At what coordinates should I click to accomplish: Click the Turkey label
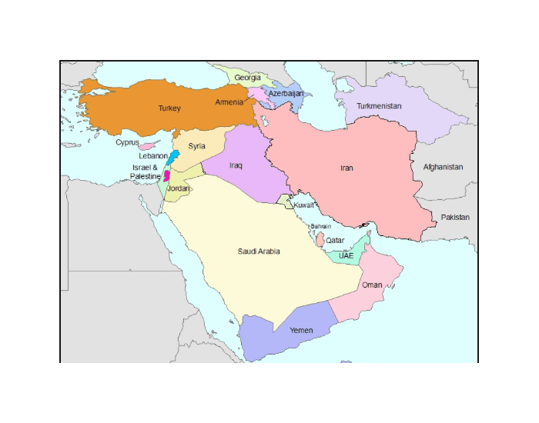169,108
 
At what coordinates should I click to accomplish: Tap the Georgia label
247,78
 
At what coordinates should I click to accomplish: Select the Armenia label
229,102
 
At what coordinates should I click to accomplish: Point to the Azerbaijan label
286,93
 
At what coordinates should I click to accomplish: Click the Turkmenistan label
379,106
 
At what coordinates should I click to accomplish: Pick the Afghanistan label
444,167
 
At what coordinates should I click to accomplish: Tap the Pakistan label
455,218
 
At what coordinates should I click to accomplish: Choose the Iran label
346,168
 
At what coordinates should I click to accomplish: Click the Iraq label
236,165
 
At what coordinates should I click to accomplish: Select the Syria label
197,145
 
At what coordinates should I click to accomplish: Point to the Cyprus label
127,142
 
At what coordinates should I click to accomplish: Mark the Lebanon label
153,155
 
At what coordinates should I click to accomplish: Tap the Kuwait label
304,205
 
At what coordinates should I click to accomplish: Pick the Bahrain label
321,226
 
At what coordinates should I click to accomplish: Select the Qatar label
335,240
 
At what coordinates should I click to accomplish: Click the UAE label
346,255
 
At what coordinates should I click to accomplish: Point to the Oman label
372,285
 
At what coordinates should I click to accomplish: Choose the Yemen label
301,330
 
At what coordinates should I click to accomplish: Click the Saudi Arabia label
259,251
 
